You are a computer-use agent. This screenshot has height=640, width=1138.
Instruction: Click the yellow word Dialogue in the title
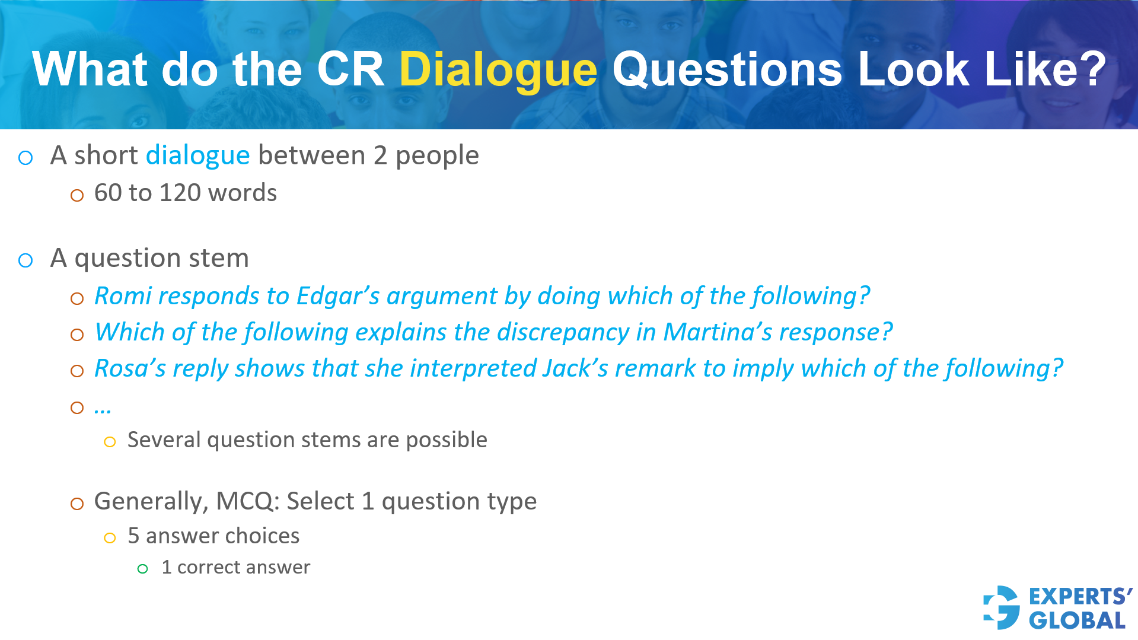pyautogui.click(x=498, y=70)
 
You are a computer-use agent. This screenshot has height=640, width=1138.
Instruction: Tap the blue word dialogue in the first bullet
pyautogui.click(x=197, y=155)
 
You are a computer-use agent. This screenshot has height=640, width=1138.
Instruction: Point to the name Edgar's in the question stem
pyautogui.click(x=337, y=296)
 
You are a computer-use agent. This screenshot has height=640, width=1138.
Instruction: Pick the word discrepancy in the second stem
pyautogui.click(x=563, y=333)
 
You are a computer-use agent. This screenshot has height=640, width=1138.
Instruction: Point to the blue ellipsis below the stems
pyautogui.click(x=103, y=408)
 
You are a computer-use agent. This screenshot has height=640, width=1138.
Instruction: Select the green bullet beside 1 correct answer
pyautogui.click(x=142, y=569)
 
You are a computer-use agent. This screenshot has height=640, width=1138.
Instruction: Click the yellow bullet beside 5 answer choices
pyautogui.click(x=110, y=538)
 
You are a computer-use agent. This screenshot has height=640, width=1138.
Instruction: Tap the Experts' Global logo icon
pyautogui.click(x=1001, y=607)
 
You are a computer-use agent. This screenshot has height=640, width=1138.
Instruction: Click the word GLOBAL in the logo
pyautogui.click(x=1077, y=621)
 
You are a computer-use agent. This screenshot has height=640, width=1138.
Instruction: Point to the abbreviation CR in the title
pyautogui.click(x=350, y=70)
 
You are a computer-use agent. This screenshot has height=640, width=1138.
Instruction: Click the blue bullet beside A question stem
pyautogui.click(x=25, y=260)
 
